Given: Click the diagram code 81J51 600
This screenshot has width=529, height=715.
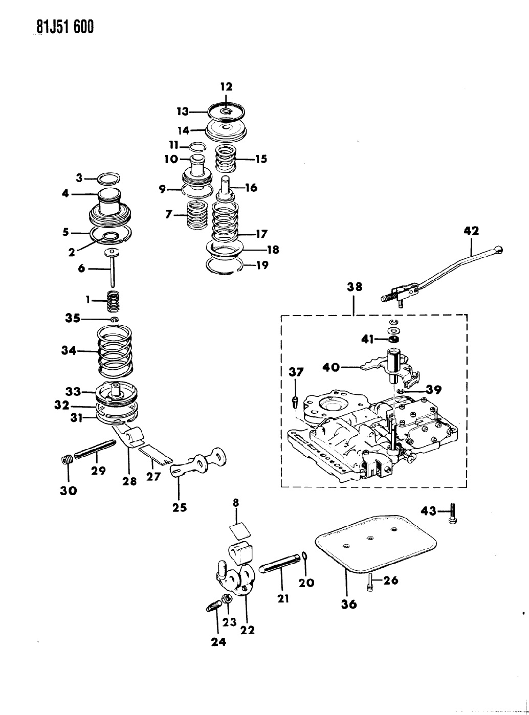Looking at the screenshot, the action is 65,27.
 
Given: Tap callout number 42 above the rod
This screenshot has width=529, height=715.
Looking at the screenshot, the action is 471,231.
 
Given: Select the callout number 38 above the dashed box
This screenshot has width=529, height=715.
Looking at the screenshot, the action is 355,286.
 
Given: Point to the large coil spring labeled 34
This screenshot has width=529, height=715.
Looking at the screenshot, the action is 115,352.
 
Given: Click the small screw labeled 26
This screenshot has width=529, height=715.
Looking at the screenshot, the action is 370,584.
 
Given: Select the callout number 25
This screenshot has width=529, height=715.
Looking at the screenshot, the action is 180,508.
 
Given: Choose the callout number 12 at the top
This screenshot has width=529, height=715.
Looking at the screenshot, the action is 227,87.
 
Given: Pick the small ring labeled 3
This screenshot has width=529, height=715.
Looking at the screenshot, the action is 109,178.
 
